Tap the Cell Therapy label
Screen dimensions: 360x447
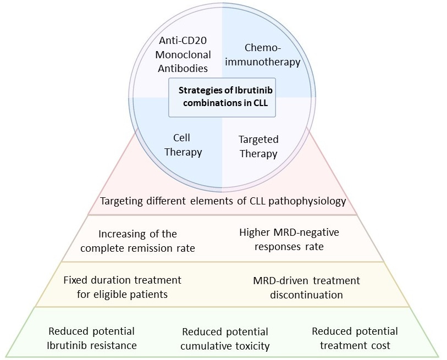coord(183,145)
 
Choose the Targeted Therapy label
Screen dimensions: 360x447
coord(258,146)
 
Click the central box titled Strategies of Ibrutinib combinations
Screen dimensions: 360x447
coord(222,97)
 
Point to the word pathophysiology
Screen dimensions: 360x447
coord(311,201)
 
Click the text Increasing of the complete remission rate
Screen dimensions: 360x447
coord(137,241)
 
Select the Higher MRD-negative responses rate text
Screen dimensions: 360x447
coord(289,239)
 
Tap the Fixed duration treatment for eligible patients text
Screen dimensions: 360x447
coord(122,287)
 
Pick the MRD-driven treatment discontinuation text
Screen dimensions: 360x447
coord(306,287)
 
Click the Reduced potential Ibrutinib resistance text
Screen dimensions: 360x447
coord(91,338)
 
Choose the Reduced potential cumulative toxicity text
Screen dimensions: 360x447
coord(225,339)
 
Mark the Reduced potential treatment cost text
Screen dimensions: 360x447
coord(355,338)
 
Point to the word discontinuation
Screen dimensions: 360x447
coord(306,295)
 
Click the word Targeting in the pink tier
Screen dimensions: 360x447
coord(119,201)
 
